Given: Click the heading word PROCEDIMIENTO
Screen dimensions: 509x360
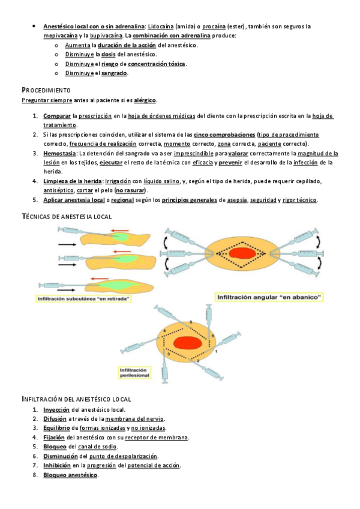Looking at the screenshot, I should tap(46, 89).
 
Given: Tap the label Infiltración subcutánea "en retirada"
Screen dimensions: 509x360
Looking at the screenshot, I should tap(85, 298).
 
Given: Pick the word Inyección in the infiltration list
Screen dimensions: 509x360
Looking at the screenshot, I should tap(56, 409).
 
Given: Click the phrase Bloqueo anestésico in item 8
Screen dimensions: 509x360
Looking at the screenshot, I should tap(70, 475).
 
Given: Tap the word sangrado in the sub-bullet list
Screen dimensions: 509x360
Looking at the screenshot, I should tap(114, 73).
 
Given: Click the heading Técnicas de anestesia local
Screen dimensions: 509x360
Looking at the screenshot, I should tap(67, 216).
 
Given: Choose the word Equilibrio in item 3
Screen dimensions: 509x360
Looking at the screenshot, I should tap(56, 428).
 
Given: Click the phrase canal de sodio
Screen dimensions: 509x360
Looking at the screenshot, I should tap(98, 447).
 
